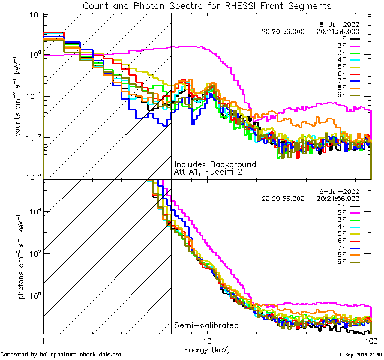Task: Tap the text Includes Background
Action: tap(215, 164)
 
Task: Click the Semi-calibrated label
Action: tap(206, 325)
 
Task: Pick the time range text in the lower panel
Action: tap(310, 198)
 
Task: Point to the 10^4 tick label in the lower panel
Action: tap(32, 210)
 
